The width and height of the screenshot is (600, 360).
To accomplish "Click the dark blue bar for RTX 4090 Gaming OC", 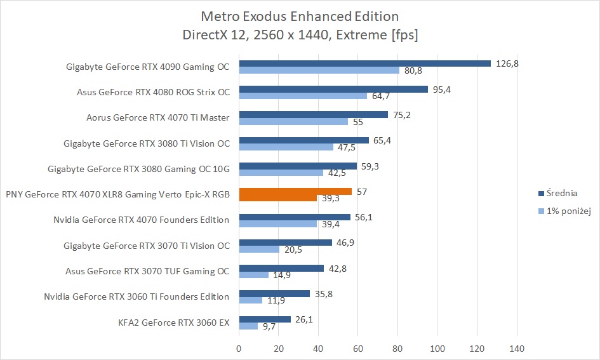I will point(364,63).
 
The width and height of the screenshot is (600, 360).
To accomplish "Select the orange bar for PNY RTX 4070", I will point(295,191).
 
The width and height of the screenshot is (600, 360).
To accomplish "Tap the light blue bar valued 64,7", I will point(303,96).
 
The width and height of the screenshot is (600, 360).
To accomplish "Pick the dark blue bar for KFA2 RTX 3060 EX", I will point(265,319).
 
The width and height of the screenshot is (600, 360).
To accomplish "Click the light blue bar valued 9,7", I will point(248,326).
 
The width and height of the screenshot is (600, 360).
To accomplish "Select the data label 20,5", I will point(293,250).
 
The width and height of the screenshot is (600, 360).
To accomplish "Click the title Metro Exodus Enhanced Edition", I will point(300,15).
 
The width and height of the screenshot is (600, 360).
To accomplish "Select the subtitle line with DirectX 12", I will point(300,35).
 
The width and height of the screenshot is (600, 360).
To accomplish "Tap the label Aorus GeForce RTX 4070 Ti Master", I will point(157,117).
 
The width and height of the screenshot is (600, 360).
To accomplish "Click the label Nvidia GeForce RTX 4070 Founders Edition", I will point(142,220).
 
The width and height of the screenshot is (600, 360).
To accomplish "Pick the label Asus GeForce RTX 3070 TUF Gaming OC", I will point(147,271).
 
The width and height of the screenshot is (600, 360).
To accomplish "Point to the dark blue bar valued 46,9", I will point(285,243).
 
